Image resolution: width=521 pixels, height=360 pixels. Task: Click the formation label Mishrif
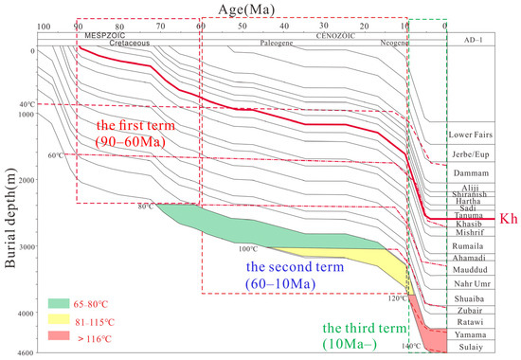point(469,230)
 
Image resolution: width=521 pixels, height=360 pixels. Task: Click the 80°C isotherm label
point(145,207)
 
